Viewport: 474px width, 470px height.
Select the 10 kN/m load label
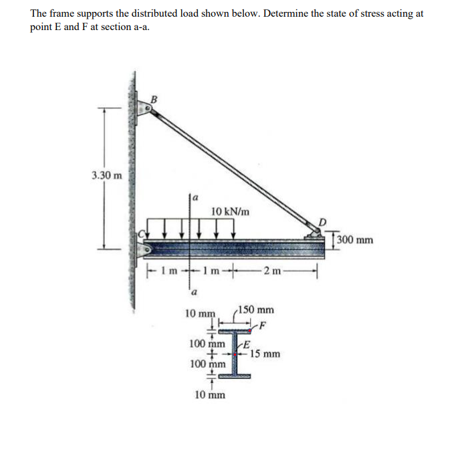(231, 211)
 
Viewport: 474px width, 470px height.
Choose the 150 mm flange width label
(257, 310)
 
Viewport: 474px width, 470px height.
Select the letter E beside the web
(246, 344)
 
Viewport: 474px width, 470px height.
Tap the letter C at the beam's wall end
(141, 235)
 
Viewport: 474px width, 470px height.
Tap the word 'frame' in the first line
(64, 13)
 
